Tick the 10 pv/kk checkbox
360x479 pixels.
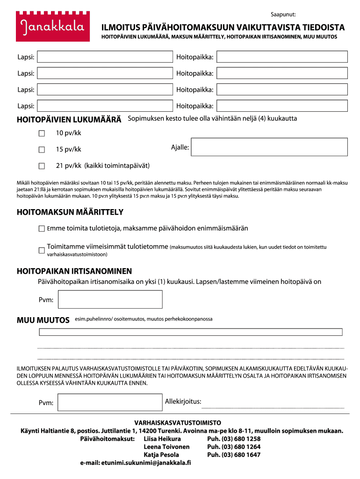(42, 133)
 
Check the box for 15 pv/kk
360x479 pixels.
(42, 150)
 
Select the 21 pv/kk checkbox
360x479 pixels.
(42, 166)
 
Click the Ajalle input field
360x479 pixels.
(270, 147)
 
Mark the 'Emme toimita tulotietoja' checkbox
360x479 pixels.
(42, 229)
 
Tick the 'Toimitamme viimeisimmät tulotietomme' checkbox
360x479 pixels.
(42, 250)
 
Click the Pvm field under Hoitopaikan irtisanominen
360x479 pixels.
(110, 299)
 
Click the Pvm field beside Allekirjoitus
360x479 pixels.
(110, 403)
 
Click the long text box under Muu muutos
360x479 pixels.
(191, 332)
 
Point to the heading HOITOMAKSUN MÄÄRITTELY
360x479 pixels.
(70, 212)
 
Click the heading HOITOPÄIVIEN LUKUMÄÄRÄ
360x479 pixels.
(69, 119)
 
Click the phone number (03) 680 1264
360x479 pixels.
(234, 447)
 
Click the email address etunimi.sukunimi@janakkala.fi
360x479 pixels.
(136, 463)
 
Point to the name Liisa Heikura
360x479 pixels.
(162, 439)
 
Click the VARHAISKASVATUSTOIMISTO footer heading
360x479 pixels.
(178, 422)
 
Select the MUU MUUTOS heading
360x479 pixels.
(43, 320)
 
